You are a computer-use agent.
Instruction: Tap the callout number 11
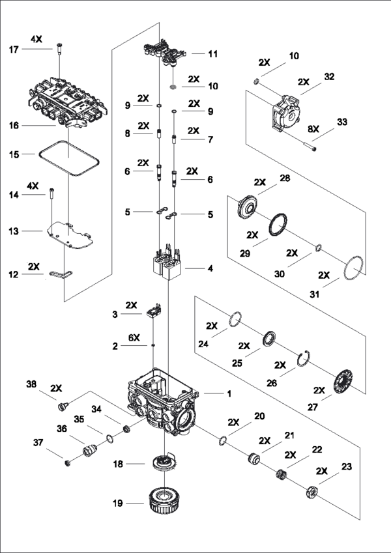[x=212, y=53]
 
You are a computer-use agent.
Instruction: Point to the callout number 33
[x=341, y=121]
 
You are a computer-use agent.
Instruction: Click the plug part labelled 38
[x=63, y=407]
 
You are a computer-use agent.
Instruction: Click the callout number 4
[x=209, y=268]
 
